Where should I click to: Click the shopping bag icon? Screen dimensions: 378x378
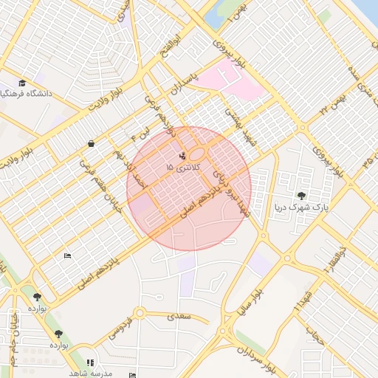[91, 144]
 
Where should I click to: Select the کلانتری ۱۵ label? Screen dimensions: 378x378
[181, 168]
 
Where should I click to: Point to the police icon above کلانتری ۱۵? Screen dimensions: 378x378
[182, 156]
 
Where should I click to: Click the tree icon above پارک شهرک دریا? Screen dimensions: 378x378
[301, 195]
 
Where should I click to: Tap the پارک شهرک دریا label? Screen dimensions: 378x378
[300, 207]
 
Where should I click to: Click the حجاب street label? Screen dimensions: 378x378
[315, 335]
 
